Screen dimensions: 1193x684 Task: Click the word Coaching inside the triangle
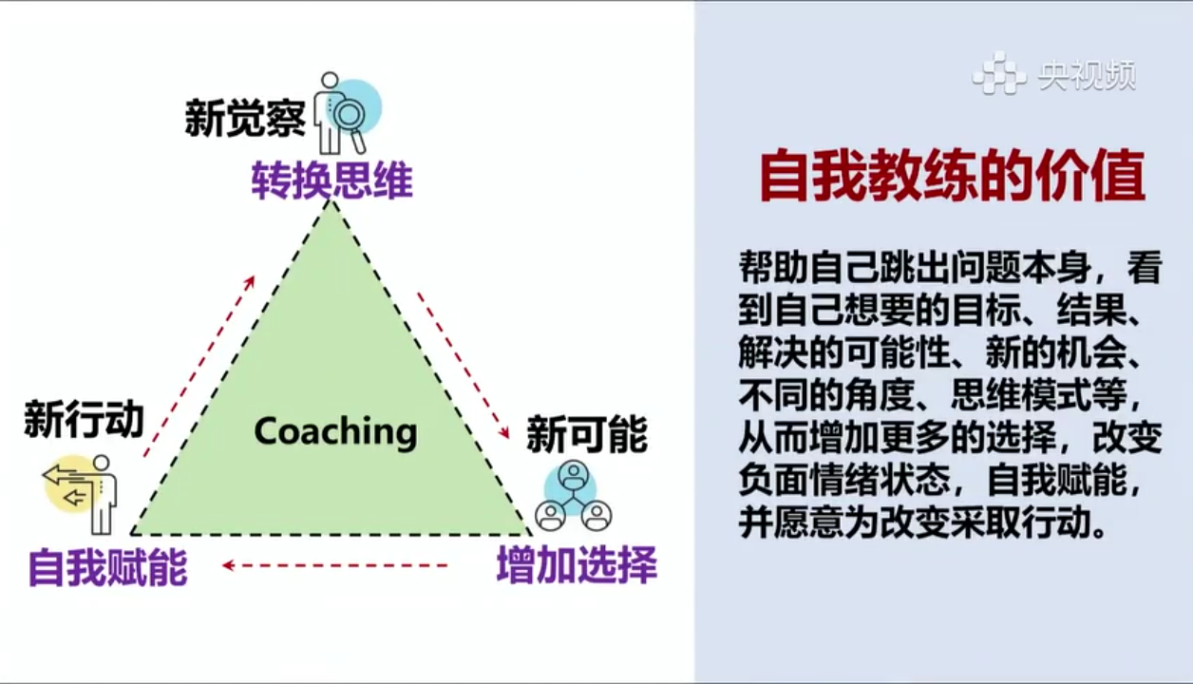click(335, 432)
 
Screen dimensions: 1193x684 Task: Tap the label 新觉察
click(245, 117)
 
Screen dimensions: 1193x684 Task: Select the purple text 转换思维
click(332, 180)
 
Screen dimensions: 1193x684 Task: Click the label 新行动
click(85, 419)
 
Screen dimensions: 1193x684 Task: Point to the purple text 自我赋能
click(108, 568)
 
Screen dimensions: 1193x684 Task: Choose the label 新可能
click(587, 435)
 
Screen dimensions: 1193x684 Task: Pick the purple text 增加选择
click(578, 565)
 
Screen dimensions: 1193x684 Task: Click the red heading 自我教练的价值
click(953, 177)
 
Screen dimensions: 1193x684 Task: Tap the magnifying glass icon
click(349, 121)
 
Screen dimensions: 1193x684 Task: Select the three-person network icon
click(574, 496)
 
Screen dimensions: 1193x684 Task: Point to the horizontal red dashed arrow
click(335, 565)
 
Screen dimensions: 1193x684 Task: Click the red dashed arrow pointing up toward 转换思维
click(199, 367)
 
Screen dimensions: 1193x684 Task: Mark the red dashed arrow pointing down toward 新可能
click(464, 366)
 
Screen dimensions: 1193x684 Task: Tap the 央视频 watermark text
click(1088, 76)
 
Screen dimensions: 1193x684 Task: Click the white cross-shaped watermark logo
click(999, 73)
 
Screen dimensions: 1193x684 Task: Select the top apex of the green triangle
click(331, 199)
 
